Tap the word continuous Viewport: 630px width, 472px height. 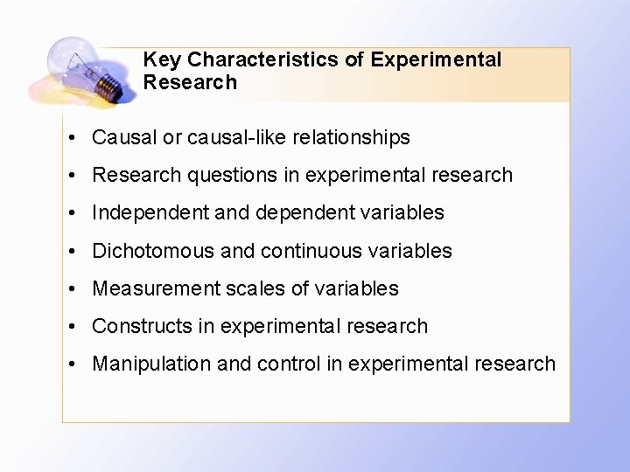point(312,251)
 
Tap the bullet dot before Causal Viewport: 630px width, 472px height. point(78,138)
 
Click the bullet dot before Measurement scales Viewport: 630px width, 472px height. point(78,289)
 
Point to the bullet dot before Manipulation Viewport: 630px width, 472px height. point(78,364)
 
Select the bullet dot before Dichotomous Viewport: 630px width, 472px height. point(78,252)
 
